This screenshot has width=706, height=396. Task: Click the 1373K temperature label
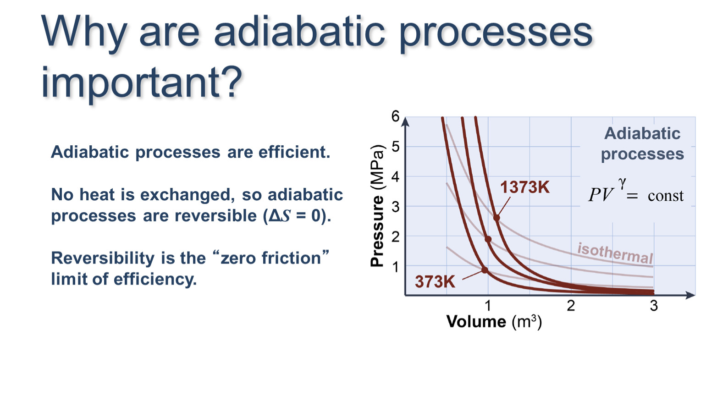[x=525, y=187]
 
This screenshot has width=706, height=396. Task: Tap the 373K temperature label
[x=435, y=281]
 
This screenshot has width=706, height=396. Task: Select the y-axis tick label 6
[x=395, y=116]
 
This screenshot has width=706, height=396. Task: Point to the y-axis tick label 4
[x=395, y=177]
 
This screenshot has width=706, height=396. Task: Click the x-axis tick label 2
[x=571, y=306]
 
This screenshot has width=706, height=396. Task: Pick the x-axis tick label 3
[x=654, y=306]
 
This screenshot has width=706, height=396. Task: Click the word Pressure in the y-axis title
[x=377, y=231]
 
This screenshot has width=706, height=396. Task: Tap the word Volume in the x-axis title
[x=476, y=321]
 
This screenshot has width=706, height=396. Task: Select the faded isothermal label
[x=615, y=253]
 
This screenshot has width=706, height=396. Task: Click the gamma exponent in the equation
[x=622, y=183]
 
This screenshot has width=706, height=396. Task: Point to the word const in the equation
[x=666, y=196]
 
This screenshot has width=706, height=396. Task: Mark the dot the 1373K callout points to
[x=496, y=218]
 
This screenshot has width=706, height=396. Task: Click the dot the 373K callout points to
[x=485, y=270]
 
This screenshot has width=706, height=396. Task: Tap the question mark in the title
[x=232, y=82]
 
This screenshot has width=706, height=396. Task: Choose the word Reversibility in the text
[x=103, y=258]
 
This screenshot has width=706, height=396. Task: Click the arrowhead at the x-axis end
[x=690, y=295]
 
